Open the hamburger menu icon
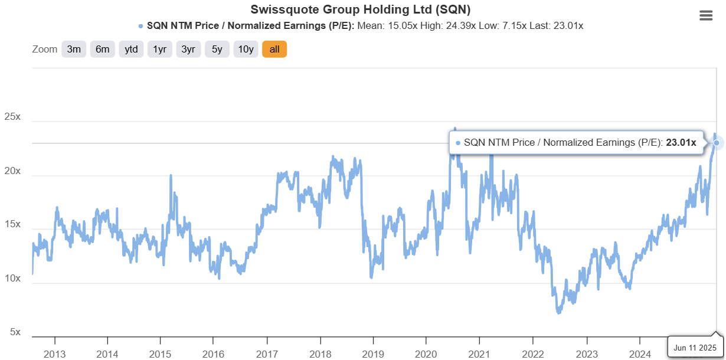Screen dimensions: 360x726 [x=706, y=16]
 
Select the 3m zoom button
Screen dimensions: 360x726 [x=74, y=50]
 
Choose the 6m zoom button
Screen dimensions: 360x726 [x=103, y=50]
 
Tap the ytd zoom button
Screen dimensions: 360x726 [x=131, y=50]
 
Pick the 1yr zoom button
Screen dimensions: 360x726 [x=160, y=50]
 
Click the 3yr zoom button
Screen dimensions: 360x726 [x=188, y=50]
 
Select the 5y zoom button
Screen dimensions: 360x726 [x=217, y=50]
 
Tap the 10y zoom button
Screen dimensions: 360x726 [x=246, y=50]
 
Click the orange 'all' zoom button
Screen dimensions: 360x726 [x=274, y=50]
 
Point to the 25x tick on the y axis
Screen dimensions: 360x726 [x=12, y=117]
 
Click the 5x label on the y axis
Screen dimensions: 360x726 [x=14, y=332]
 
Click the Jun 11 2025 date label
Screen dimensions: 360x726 [x=695, y=348]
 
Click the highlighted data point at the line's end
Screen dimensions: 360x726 [x=717, y=143]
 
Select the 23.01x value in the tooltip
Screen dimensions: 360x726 [x=681, y=142]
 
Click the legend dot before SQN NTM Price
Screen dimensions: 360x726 [x=140, y=26]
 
